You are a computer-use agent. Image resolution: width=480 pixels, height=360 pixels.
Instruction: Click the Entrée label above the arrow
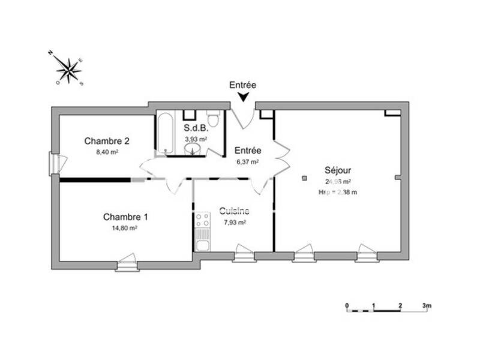coord(243,85)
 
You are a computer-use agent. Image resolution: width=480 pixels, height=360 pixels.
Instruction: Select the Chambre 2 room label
coord(107,142)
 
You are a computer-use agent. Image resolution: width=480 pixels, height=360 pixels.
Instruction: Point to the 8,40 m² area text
coord(106,152)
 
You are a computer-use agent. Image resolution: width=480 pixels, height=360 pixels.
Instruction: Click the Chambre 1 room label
coord(125,217)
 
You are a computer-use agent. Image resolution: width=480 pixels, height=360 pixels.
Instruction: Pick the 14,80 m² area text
coord(125,228)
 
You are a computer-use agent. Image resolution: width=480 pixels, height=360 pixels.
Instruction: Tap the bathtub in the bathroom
coord(165,133)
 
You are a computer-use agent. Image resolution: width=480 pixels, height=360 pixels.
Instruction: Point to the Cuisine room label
coord(234,211)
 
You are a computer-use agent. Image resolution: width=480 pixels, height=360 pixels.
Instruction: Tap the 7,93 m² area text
coord(234,222)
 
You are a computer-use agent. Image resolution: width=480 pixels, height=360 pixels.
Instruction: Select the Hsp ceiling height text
coord(338,192)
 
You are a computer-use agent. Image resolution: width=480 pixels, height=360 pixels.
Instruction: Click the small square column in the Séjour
coord(305,178)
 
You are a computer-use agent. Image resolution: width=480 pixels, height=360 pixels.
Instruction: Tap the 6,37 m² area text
coord(247,161)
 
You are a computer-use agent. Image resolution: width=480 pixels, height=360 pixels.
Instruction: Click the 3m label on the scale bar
coord(427,305)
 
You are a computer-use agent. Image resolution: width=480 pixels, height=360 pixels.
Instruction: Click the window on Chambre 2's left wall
coord(55,163)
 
